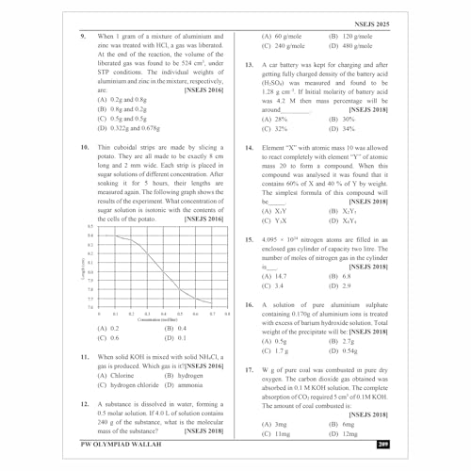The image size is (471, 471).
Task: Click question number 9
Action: [84, 36]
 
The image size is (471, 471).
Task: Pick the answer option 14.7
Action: [272, 276]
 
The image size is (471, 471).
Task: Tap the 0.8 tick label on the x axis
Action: [227, 313]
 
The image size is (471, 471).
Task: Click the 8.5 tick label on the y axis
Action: [89, 227]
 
